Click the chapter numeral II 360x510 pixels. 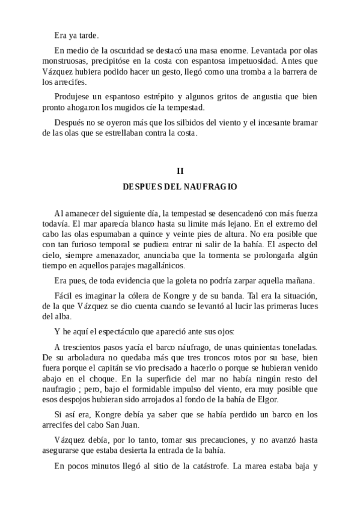pyautogui.click(x=180, y=171)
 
